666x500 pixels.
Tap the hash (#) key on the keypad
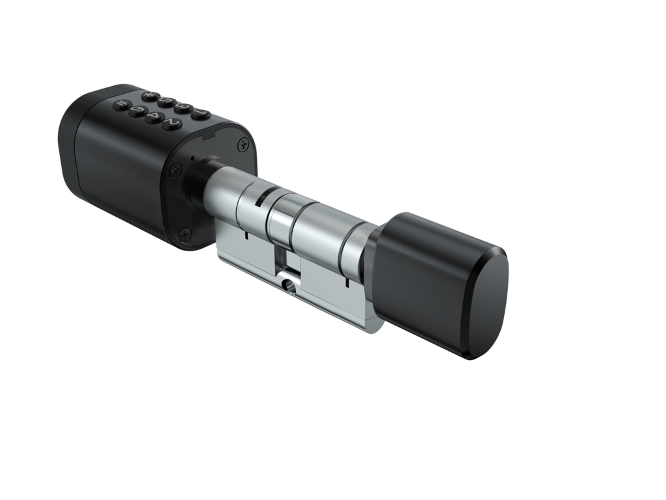(x=122, y=104)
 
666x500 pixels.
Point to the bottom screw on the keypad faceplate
(x=185, y=231)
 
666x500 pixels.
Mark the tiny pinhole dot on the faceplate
(x=193, y=158)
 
